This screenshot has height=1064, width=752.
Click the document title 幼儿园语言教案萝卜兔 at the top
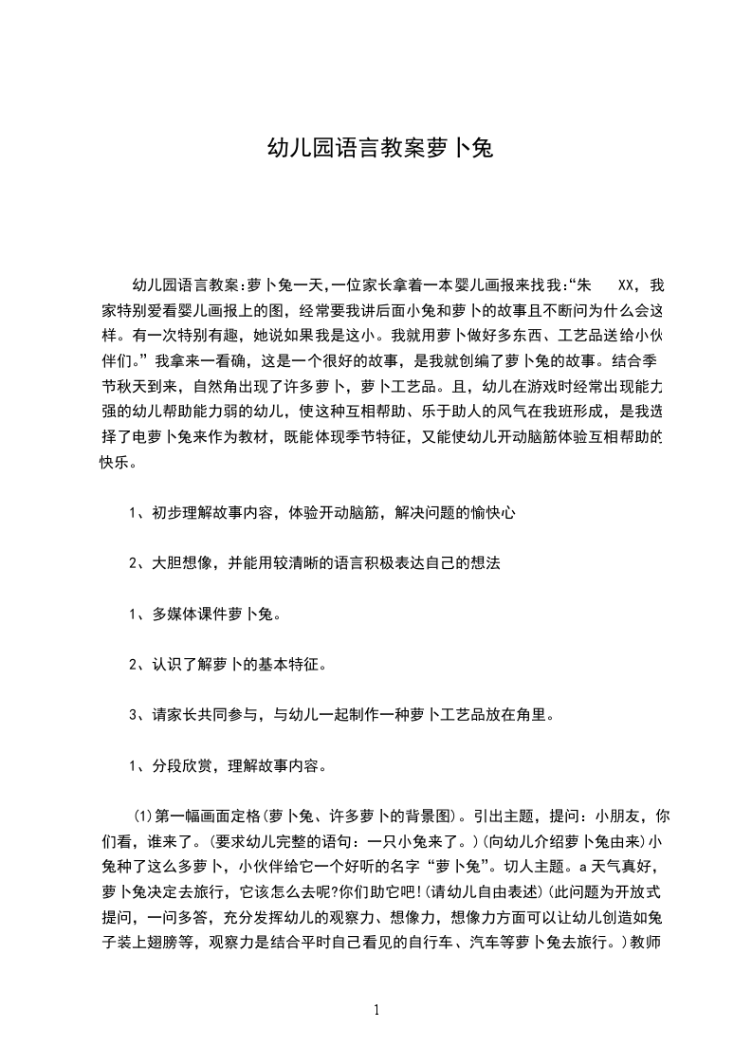coord(376,149)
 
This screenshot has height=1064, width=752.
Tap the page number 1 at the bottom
coord(376,1010)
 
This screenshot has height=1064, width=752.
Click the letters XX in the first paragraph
coord(625,284)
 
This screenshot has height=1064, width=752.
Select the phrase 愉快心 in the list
coord(492,513)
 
